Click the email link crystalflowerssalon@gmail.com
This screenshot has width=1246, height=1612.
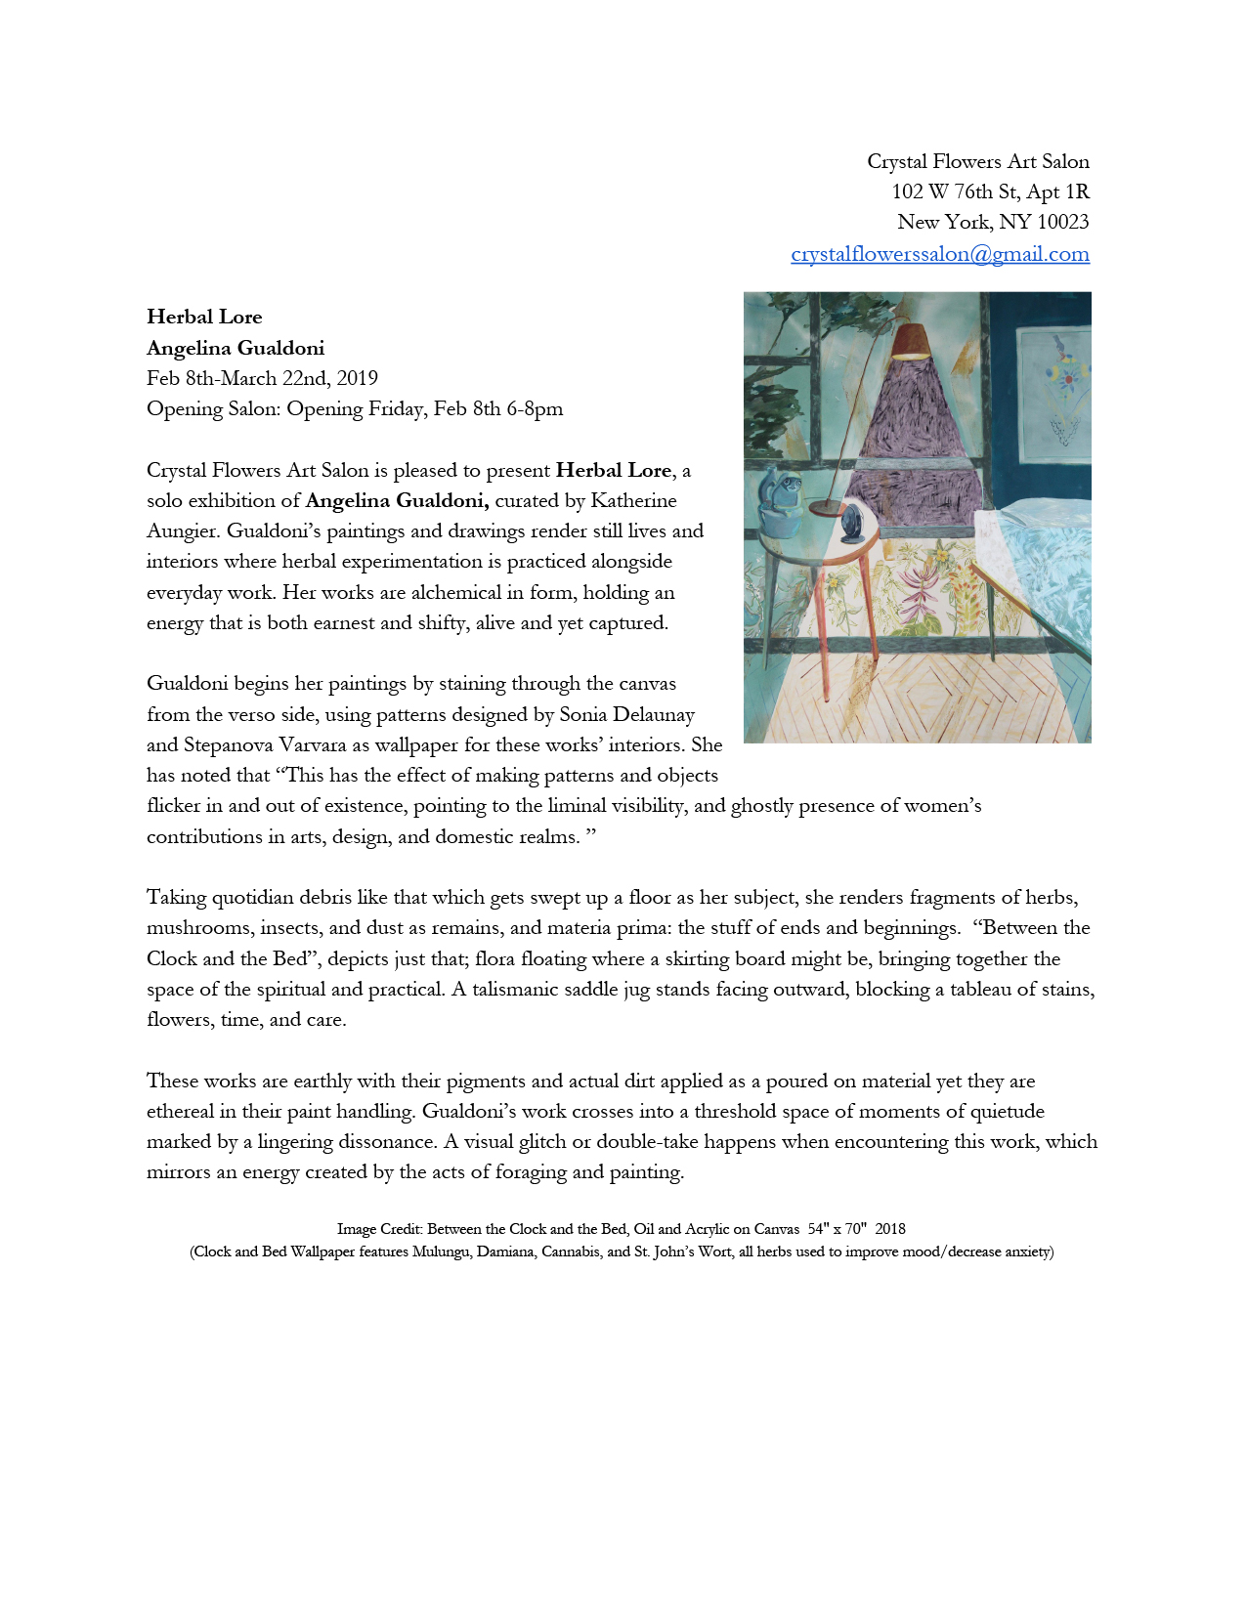[x=939, y=254]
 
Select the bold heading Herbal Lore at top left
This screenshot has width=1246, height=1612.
[x=204, y=317]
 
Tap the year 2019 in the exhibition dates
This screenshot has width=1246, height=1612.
[x=357, y=378]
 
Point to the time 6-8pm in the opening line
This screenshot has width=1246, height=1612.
[x=535, y=408]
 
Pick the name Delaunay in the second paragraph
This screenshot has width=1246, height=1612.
[x=654, y=714]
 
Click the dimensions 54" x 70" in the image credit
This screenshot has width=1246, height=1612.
[x=837, y=1229]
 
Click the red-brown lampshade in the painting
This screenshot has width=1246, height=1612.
[x=910, y=341]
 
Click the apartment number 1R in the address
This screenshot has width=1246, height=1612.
[x=1077, y=191]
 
